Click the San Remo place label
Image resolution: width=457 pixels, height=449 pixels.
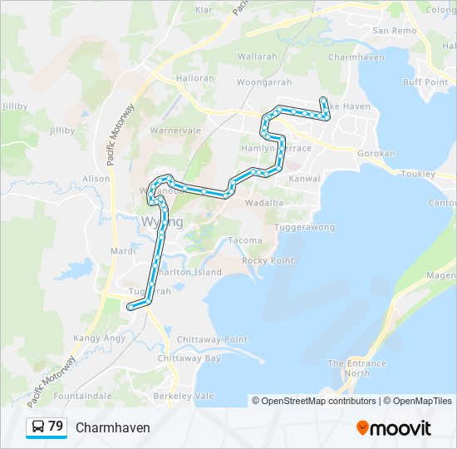coord(394,31)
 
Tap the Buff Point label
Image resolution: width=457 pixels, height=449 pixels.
coord(425,82)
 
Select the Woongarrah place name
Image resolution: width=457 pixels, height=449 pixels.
coord(263,83)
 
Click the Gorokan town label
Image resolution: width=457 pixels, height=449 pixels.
coord(376,154)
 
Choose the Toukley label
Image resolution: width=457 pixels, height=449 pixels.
coord(417,174)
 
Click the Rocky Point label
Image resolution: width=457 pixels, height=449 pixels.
coord(268,260)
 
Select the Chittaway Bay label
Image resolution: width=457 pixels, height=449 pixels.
coord(189,358)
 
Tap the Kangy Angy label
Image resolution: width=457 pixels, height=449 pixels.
coord(100,338)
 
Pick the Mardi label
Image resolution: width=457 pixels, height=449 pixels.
coord(122,250)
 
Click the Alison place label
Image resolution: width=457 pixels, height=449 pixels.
coord(96,179)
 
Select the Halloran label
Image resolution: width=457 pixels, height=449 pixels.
coord(195,77)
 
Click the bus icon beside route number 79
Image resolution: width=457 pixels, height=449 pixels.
coord(38,427)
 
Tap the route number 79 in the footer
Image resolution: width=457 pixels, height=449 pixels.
coord(56,427)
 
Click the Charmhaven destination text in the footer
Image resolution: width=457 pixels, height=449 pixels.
coord(113,427)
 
